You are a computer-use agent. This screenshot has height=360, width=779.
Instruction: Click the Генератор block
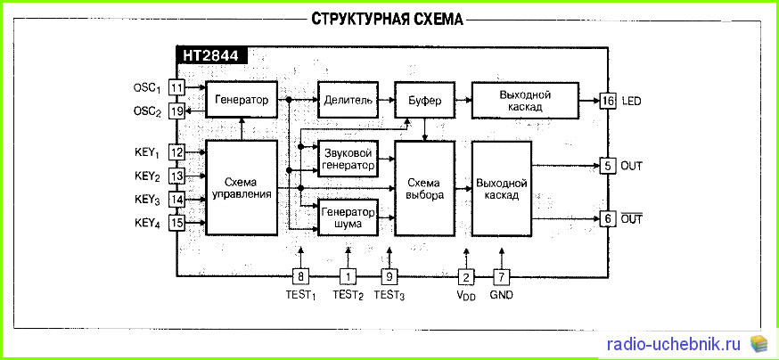point(242,99)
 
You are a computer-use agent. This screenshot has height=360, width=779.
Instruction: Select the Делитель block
point(348,100)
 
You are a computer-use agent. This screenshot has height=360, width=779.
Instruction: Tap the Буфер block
point(424,100)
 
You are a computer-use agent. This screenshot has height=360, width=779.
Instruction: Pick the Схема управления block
point(242,188)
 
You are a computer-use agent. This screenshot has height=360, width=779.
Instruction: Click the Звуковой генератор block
point(348,159)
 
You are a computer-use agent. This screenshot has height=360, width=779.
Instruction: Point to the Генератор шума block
point(348,217)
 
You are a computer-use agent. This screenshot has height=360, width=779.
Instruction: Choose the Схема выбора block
point(424,188)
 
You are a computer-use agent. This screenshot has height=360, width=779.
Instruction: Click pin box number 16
point(607,101)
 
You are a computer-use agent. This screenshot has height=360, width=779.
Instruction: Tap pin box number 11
point(176,87)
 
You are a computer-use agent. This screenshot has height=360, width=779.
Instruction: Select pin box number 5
point(607,166)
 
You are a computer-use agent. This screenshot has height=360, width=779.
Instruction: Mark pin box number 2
point(465,277)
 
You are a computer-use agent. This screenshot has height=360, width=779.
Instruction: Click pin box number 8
point(300,276)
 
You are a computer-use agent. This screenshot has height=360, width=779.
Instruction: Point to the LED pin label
point(631,102)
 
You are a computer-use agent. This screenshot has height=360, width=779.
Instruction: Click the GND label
point(501,294)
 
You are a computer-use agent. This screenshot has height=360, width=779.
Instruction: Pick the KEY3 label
point(147,200)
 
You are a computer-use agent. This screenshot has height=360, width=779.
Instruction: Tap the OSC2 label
point(147,110)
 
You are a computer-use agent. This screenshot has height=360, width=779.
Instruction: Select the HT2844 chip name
point(211,55)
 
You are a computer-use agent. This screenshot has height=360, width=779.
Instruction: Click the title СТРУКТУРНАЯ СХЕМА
point(388,20)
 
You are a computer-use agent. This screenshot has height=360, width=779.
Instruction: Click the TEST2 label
point(348,295)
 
